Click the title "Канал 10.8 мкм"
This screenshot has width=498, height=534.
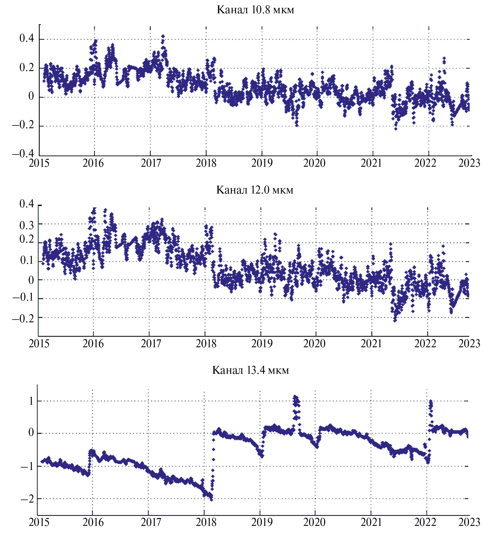pos(255,10)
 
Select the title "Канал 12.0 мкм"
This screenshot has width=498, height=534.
pos(255,190)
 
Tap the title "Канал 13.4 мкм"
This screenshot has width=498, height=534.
pos(250,370)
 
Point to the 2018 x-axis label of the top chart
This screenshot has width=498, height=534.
pos(206,163)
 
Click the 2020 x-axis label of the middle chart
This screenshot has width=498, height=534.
pos(314,344)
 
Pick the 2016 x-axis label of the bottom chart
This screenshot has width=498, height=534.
pos(93,522)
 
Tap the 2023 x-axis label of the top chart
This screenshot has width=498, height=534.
pos(469,163)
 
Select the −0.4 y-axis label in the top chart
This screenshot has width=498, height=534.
pos(23,154)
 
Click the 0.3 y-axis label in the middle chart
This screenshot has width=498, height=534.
pos(27,225)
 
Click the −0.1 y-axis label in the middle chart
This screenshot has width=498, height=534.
pos(23,298)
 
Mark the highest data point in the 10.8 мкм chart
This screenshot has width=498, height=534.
pos(163,36)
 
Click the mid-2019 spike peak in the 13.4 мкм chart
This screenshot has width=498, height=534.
pos(295,397)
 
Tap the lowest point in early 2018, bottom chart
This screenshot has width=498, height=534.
pos(211,499)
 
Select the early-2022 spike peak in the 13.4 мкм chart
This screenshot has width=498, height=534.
pos(431,401)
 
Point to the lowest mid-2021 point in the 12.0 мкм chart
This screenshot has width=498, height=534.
pos(395,320)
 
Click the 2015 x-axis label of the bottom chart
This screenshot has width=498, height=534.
pos(39,522)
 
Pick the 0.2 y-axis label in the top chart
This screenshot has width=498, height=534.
pos(27,68)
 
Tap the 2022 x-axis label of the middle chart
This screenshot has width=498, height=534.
pos(425,344)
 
